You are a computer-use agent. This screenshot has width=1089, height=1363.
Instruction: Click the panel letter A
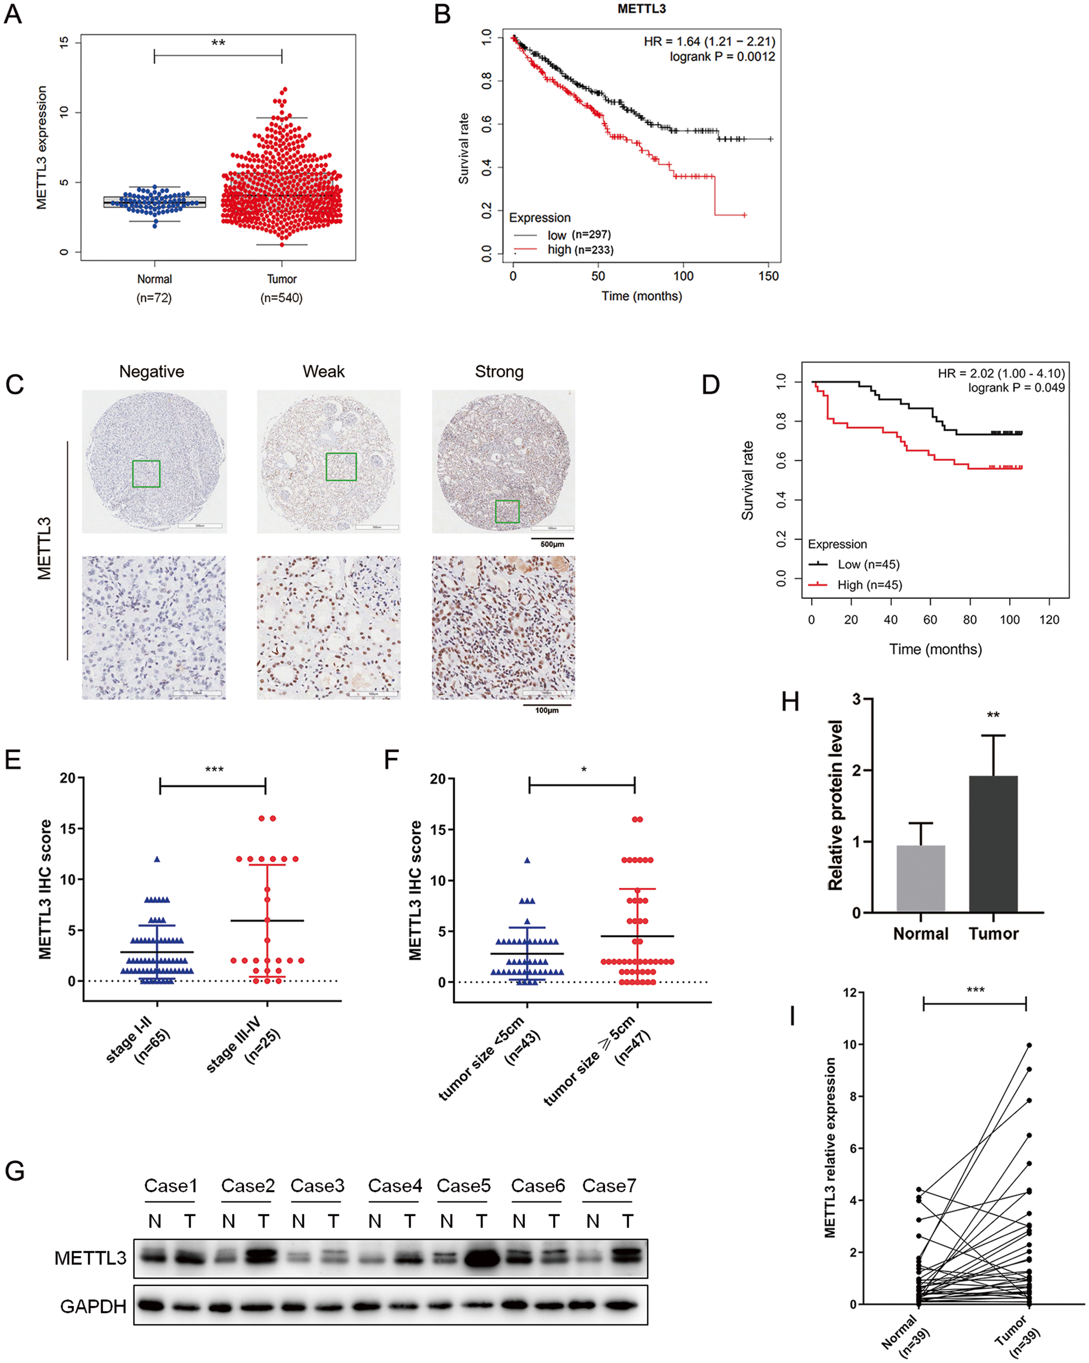pos(13,14)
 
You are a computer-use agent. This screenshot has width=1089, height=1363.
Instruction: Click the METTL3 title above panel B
pos(641,9)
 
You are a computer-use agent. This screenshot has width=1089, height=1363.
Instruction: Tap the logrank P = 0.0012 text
pos(722,57)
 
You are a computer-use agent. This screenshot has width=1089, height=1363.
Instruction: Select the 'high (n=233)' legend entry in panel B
pos(580,250)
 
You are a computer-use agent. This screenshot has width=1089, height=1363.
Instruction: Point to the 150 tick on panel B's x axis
pos(768,276)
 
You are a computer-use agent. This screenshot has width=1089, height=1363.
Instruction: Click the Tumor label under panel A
pos(281,280)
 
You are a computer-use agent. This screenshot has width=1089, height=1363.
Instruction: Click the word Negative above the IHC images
pos(152,372)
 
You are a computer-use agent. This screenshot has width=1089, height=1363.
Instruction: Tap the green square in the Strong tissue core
pos(507,512)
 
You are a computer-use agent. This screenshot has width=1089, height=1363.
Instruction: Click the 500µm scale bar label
pos(552,544)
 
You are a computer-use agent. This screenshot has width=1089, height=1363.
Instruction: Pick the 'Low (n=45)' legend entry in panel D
pos(868,565)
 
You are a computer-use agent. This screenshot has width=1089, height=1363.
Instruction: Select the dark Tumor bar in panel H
pos(993,844)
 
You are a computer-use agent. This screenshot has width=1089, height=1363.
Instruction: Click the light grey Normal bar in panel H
pos(920,878)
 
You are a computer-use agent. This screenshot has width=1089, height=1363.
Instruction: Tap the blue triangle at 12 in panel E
pos(157,859)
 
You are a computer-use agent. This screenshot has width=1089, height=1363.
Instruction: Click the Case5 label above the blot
pos(463,1186)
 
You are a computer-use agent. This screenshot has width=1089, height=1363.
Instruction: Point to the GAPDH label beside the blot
pos(93,1307)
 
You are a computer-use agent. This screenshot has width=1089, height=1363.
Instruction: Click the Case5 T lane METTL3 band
pos(481,1259)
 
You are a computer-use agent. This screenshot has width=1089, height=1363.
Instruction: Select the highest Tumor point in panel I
pos(1029,1045)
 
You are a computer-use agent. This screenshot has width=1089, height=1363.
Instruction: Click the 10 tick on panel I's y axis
pos(850,1044)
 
